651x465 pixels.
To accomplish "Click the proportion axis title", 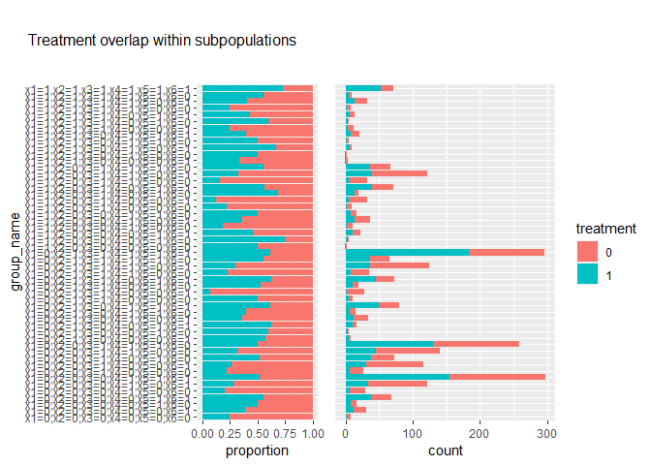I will (x=257, y=451).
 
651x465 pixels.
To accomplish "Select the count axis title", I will (x=449, y=451).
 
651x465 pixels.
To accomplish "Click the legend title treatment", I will (x=605, y=230).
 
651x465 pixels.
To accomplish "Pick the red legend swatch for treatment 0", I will (x=587, y=251).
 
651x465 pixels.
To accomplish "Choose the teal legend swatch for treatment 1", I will (x=587, y=274).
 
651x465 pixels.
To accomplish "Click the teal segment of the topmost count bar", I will (x=363, y=88).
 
